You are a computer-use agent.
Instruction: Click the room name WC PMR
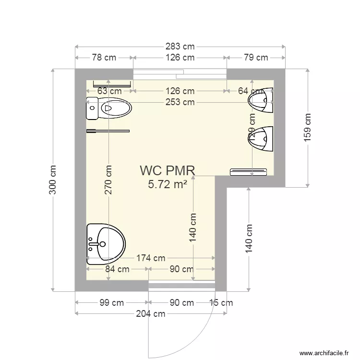coord(168,170)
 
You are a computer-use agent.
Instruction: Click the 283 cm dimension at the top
coord(180,47)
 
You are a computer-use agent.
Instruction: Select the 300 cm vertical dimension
coord(53,180)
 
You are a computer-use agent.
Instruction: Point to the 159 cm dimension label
coord(308,127)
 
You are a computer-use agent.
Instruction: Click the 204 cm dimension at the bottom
coord(150,314)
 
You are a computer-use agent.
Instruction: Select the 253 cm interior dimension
coord(180,102)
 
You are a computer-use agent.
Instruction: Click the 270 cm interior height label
coord(108,180)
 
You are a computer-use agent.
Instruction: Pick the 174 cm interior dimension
coord(151,258)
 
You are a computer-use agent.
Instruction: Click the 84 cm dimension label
coord(117,269)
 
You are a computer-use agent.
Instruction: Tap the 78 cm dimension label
coord(104,58)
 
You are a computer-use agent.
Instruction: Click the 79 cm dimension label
coord(255,58)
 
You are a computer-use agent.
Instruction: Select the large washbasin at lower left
coord(106,244)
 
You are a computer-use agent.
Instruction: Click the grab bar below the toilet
coord(108,130)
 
